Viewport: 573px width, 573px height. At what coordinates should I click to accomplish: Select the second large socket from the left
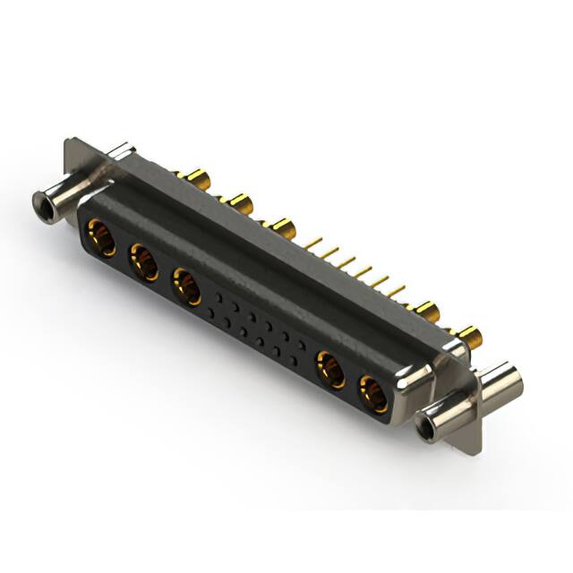click(143, 263)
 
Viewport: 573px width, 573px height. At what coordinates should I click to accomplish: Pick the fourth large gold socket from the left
click(330, 369)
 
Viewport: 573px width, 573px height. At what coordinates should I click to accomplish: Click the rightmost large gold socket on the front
click(372, 393)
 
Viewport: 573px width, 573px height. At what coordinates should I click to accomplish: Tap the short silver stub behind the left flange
click(120, 154)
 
